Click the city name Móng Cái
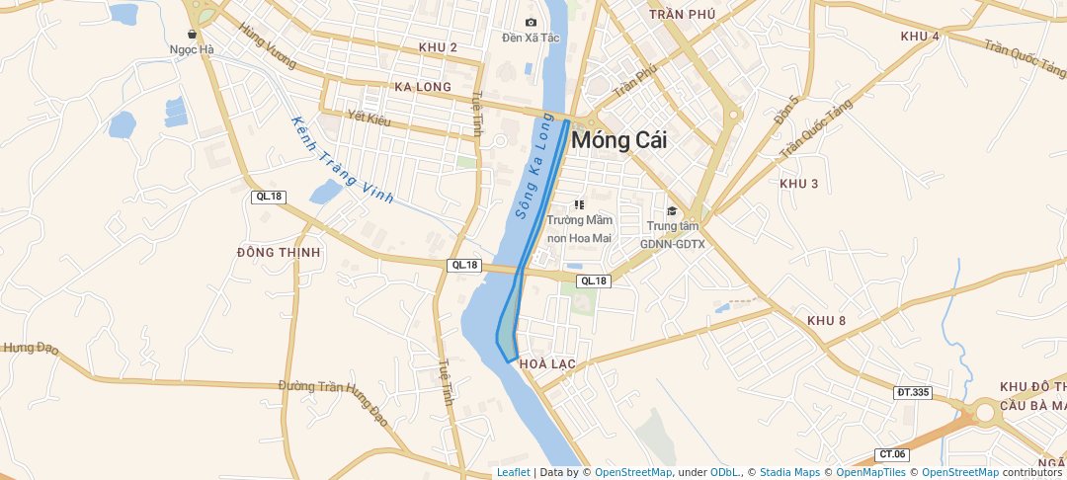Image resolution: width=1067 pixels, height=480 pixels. coord(618,140)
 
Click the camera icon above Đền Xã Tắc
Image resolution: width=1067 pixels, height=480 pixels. coord(531,22)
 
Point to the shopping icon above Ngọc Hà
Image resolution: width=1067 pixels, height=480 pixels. coord(192,34)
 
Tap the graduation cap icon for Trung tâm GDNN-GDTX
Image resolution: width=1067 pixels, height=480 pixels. coord(672,210)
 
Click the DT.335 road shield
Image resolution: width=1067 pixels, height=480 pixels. coord(913,392)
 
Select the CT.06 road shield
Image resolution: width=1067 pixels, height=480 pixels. coord(892,454)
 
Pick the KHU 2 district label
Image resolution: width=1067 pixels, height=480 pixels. coord(438,47)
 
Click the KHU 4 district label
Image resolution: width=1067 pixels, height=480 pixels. coord(920,36)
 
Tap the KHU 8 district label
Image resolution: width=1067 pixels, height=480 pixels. coord(826,320)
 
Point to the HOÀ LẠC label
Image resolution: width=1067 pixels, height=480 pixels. coord(546,363)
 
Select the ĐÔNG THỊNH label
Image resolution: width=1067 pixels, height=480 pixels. coord(279,252)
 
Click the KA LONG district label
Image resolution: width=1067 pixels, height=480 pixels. coord(422,87)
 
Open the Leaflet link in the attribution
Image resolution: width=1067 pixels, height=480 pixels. coord(513,472)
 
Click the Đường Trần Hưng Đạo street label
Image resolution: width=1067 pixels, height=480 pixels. coord(333,401)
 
